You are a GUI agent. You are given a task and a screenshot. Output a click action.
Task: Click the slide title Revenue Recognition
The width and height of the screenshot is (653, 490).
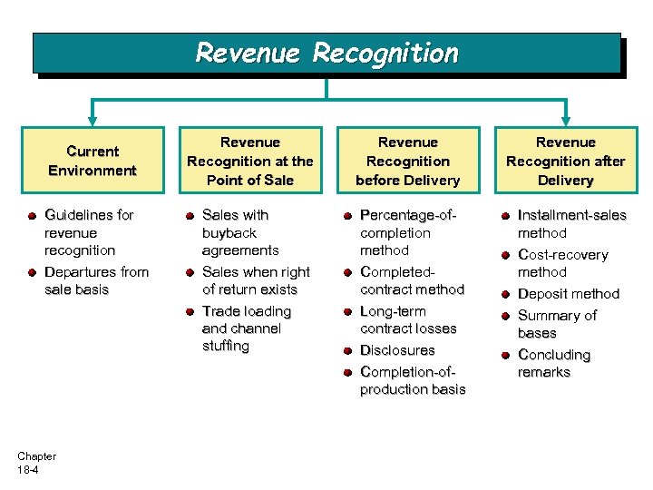click(326, 54)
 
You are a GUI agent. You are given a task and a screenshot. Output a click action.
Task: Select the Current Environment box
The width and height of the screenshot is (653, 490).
click(93, 161)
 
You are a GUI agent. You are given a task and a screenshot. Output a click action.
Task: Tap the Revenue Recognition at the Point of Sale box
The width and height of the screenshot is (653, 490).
click(249, 161)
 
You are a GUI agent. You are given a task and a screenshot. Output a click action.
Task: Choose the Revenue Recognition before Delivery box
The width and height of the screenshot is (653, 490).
click(407, 161)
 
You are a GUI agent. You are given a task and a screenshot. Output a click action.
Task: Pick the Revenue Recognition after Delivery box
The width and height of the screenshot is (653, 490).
click(565, 161)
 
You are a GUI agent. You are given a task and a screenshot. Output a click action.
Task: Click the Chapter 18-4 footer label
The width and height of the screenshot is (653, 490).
click(36, 463)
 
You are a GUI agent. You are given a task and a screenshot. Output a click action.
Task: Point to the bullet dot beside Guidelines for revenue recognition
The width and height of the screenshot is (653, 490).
click(32, 216)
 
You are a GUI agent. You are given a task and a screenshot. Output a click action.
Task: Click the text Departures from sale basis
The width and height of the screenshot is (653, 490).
click(96, 280)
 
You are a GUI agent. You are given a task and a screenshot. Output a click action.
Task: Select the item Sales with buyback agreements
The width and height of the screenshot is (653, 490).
click(240, 232)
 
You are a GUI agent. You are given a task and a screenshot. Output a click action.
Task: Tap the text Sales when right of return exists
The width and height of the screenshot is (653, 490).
click(255, 280)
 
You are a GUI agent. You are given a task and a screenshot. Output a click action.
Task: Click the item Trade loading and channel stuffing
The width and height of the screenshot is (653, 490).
click(246, 328)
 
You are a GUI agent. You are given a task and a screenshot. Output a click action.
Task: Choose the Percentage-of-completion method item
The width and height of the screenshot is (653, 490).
click(407, 232)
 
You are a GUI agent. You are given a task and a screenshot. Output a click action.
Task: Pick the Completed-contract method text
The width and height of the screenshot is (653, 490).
click(412, 280)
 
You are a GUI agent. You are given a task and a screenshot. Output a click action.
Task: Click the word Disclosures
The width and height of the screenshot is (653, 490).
click(397, 350)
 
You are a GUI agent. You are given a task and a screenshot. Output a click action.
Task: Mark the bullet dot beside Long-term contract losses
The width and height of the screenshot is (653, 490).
click(347, 312)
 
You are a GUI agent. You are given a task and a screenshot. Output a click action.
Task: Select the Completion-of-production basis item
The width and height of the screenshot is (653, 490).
click(413, 380)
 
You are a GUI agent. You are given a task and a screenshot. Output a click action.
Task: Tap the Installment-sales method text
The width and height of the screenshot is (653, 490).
click(571, 224)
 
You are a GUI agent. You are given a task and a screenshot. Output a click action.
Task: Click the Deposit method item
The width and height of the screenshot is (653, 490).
click(568, 294)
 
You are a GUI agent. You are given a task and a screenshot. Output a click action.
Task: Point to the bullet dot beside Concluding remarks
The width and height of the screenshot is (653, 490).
click(504, 356)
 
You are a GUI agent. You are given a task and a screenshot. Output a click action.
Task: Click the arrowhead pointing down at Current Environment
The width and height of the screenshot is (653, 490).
click(91, 119)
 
